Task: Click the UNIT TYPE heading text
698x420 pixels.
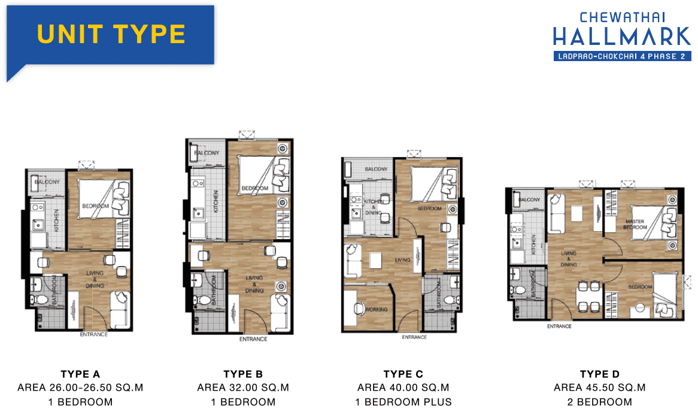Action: point(111,34)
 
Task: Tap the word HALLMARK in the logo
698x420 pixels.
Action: point(622,37)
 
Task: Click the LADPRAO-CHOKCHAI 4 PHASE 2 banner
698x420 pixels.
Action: point(623,56)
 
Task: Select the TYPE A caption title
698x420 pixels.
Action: point(81,374)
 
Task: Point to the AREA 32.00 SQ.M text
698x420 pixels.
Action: point(243,388)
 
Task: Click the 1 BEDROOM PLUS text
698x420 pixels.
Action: point(403,402)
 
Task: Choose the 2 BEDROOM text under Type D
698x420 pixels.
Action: point(600,402)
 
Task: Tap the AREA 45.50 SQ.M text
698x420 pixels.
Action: point(600,388)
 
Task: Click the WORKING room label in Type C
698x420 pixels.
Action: point(377,309)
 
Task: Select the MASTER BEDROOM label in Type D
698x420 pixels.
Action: point(635,224)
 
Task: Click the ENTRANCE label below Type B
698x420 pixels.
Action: point(253,339)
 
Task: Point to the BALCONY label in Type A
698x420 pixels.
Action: point(47,182)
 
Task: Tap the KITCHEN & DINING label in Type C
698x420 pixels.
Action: point(374,207)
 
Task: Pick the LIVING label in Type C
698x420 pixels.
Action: point(402,259)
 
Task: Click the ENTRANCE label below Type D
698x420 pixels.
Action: point(559,327)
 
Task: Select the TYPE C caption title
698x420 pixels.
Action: point(403,374)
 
